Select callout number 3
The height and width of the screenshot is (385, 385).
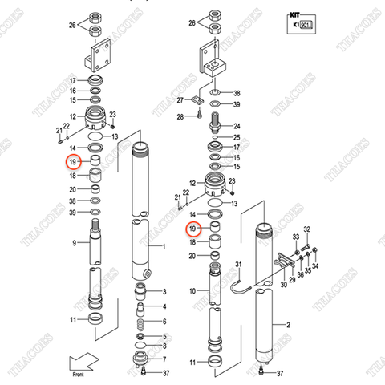pos(164,291)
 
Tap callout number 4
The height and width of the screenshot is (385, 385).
pos(164,307)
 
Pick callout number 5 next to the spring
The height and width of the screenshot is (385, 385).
pos(164,336)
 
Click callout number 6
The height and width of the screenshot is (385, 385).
pos(164,347)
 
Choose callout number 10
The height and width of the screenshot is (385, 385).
pos(192,290)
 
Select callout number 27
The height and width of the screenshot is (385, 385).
pos(181,100)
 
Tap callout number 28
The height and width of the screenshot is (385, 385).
pos(181,117)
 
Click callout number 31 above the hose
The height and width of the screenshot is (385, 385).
pos(237,265)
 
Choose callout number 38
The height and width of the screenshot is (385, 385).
pos(71,201)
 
